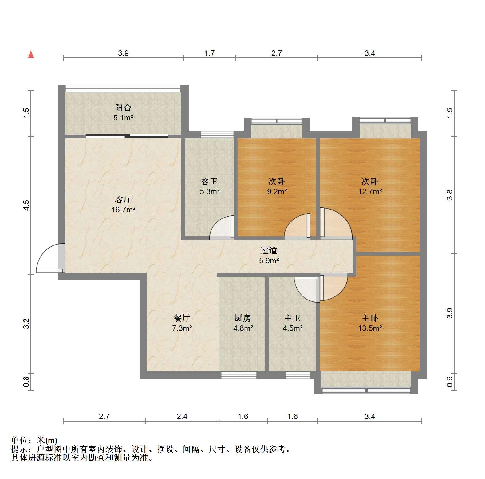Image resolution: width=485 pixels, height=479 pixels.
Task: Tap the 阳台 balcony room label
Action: pos(123,108)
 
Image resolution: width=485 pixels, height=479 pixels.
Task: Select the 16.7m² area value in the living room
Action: pos(124,210)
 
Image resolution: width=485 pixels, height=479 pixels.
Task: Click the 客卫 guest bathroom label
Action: pos(209,182)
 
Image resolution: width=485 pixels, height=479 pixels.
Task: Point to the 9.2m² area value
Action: pos(277,191)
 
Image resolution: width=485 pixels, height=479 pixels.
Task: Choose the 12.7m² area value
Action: pos(370,191)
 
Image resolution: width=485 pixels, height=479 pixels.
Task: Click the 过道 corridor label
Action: pos(269,251)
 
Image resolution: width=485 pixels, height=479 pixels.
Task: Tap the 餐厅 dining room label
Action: pos(182,318)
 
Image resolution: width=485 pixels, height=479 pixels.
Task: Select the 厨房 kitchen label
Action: pos(243,318)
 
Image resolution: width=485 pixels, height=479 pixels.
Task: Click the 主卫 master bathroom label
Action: pos(292,318)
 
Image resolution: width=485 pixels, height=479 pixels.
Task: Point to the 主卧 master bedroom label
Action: pos(370,318)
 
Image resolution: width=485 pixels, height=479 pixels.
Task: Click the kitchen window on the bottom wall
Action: pos(239,375)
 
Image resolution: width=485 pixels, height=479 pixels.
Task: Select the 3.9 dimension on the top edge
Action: pos(123,53)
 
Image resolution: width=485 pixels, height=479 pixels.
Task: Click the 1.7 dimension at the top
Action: pos(209,53)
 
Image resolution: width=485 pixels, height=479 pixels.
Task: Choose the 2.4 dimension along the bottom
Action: pos(182,417)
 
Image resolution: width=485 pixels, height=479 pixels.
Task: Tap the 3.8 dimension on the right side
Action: pos(450,195)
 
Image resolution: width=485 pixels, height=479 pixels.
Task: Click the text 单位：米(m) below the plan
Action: pos(34,440)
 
